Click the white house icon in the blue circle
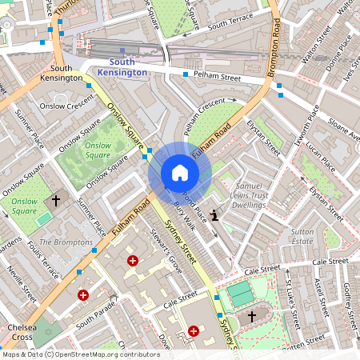click(179, 173)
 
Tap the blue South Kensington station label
click(122, 67)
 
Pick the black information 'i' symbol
click(214, 214)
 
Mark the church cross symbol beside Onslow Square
click(56, 200)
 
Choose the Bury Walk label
click(184, 215)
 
